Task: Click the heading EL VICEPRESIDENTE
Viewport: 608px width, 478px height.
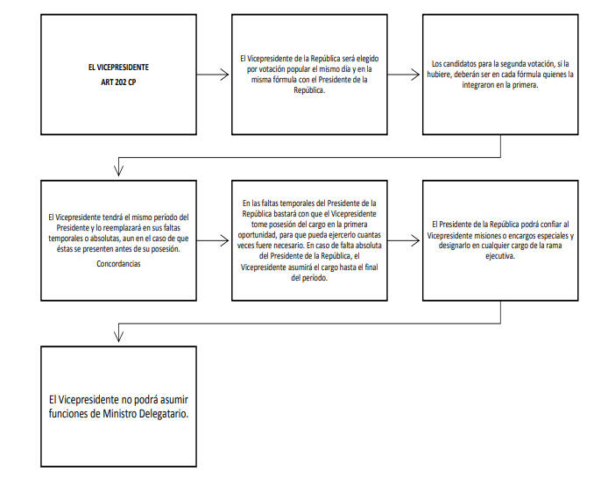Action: click(118, 68)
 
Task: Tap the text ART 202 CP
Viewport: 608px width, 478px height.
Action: click(118, 82)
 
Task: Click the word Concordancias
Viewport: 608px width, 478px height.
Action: click(118, 264)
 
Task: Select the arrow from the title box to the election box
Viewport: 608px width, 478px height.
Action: click(213, 75)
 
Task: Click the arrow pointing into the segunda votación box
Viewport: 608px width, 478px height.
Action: click(404, 75)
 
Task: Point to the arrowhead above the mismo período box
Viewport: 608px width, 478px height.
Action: click(118, 170)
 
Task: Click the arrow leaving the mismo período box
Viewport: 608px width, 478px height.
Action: click(213, 240)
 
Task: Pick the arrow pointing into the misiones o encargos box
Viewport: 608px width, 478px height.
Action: click(404, 240)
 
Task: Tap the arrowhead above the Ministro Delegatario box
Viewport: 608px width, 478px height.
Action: click(118, 336)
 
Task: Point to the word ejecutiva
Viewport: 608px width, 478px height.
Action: click(500, 256)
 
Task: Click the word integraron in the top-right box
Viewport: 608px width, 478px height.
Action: click(478, 85)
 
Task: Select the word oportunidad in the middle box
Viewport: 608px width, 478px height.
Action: click(257, 235)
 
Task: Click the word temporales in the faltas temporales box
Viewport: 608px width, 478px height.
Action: click(297, 203)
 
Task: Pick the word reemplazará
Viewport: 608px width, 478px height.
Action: click(123, 228)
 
